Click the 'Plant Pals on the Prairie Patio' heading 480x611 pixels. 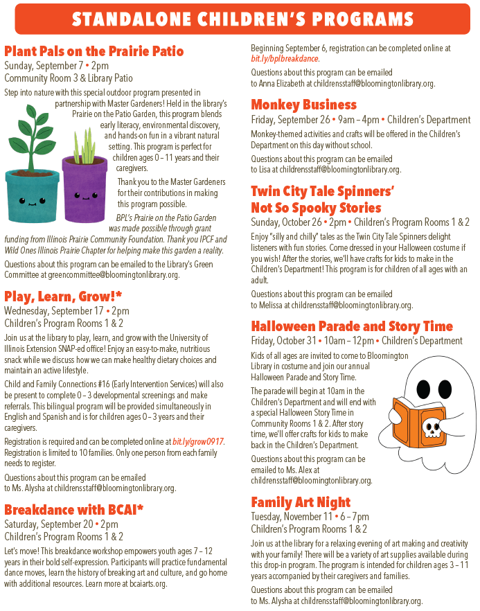pos(94,51)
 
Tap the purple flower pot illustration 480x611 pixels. pos(84,187)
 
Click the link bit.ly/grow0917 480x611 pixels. pos(199,442)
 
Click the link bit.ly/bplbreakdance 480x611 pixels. pos(285,60)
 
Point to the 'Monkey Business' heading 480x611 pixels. pos(303,105)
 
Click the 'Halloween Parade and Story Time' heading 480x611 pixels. pos(352,326)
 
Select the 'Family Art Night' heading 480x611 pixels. pos(301,502)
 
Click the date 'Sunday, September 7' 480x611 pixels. pos(42,66)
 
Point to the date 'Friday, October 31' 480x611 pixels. pos(283,341)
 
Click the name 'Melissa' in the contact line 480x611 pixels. pos(272,305)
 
